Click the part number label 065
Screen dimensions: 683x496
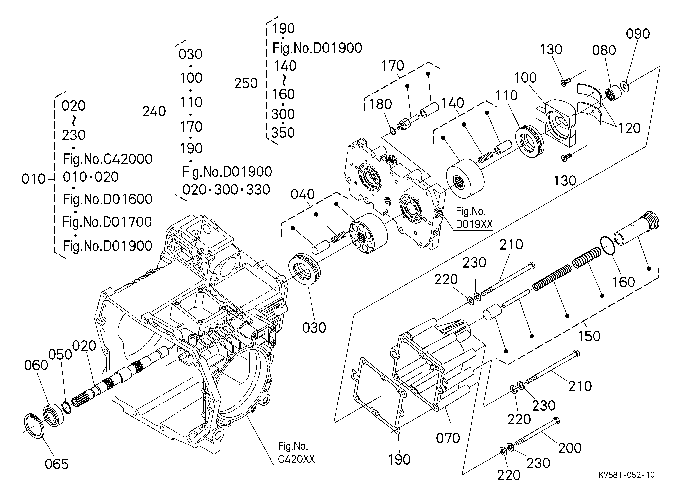click(57, 464)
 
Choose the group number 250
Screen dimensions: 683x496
click(246, 83)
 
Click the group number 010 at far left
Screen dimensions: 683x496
click(33, 179)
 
